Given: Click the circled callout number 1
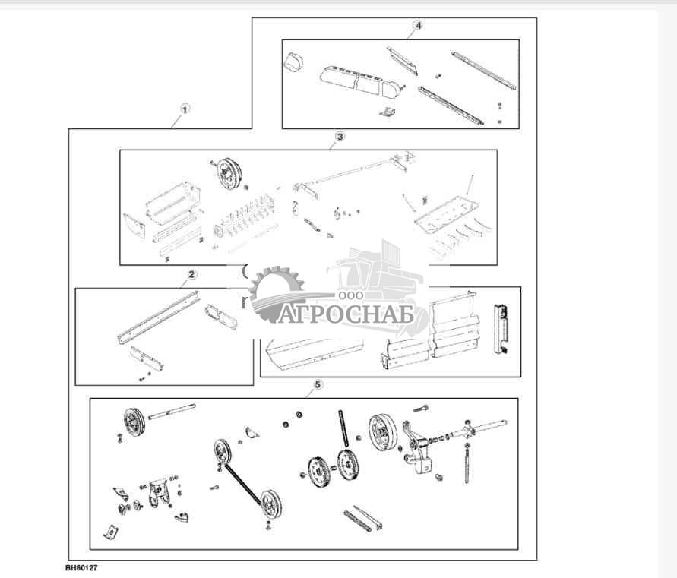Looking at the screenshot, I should tap(183, 109).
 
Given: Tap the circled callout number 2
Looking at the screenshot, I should tap(191, 274).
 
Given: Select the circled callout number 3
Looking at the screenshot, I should tap(340, 137).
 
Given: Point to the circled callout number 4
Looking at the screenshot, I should tap(417, 25).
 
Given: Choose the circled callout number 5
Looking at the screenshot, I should tap(318, 385).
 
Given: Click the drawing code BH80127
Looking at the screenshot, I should tap(81, 567).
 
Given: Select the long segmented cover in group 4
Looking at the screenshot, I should tap(357, 81).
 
